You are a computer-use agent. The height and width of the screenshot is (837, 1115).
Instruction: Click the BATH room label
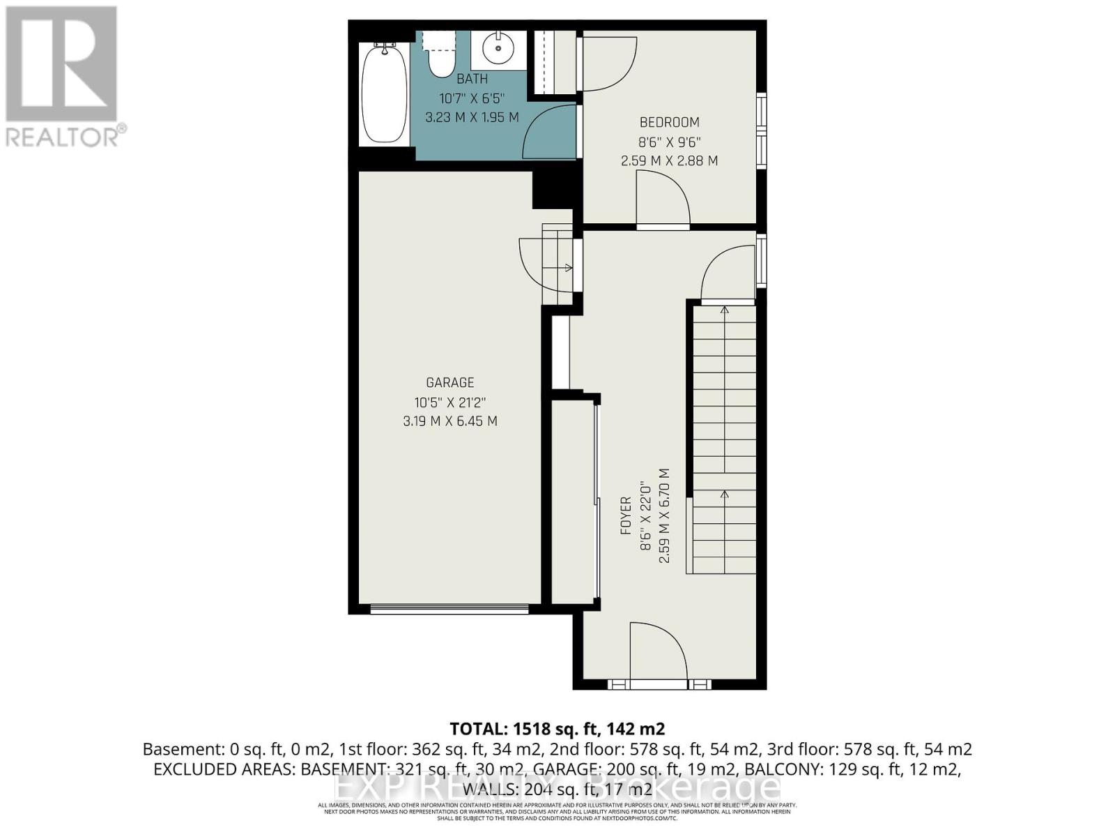coord(472,80)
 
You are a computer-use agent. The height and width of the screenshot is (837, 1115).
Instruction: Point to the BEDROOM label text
coord(669,123)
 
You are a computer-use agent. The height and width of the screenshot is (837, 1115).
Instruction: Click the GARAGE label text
coord(449,382)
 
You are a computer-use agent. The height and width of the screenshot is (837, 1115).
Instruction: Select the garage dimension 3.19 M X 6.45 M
coord(449,421)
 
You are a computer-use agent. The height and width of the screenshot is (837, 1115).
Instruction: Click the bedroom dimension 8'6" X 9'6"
coord(669,142)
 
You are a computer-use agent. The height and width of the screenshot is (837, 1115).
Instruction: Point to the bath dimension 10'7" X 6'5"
coord(472,98)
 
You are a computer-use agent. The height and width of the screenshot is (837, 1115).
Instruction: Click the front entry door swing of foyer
coord(659,652)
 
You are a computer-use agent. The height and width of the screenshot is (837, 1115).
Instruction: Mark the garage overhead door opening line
coord(449,610)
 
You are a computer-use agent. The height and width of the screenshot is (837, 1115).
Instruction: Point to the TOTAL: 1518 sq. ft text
coord(557,729)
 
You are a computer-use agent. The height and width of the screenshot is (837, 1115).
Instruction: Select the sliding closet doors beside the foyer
coord(597,502)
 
